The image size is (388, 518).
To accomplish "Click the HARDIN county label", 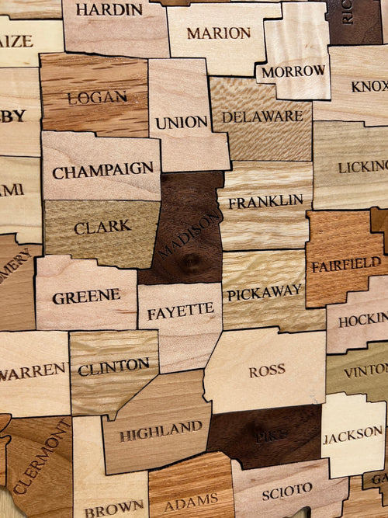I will [x=109, y=10].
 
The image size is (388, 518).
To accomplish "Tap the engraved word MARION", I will [x=218, y=33].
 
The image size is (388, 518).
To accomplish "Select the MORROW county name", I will [x=293, y=71].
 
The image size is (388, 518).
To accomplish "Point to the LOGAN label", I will [x=97, y=98].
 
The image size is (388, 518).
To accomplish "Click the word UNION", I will [x=181, y=123].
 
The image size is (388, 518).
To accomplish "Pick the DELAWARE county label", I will [x=262, y=117].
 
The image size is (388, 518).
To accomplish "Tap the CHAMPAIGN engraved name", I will [x=102, y=169].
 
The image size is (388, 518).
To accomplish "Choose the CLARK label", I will [x=102, y=227].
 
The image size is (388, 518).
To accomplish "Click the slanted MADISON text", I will [x=189, y=235].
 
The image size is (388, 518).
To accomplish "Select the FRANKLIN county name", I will [x=265, y=202].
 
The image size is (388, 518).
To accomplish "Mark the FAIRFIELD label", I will [x=346, y=265].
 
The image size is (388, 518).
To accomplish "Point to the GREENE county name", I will [x=86, y=297].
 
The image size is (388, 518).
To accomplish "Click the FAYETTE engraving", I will [x=180, y=312].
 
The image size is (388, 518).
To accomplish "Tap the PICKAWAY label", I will [x=265, y=292].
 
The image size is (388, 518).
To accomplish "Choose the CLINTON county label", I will [x=113, y=366].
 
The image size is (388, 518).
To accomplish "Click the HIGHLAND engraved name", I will [x=161, y=429].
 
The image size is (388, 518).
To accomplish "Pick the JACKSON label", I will [x=352, y=434].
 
